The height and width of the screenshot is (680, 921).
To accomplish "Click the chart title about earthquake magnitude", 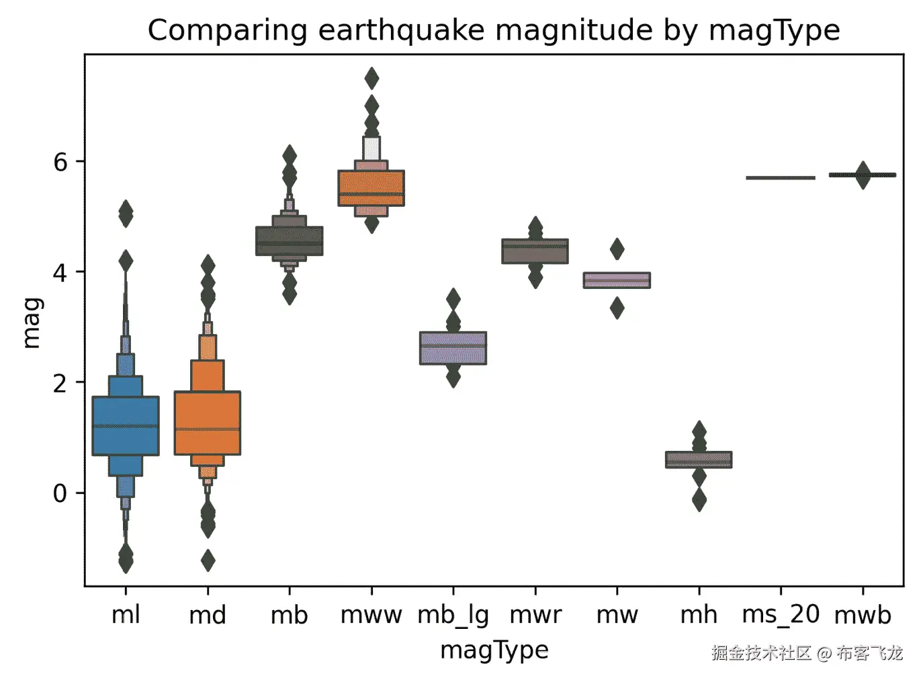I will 494,31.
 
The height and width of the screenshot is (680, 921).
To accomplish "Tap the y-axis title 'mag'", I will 32,323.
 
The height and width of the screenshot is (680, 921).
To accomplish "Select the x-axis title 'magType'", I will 494,650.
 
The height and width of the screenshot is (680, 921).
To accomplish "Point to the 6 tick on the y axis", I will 61,162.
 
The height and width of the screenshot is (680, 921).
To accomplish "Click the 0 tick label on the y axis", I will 61,493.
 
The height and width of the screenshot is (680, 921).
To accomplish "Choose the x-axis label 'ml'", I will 126,615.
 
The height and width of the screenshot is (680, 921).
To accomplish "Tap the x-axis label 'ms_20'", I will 781,615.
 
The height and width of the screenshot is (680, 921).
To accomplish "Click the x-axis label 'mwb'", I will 863,615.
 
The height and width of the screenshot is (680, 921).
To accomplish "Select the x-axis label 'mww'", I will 371,615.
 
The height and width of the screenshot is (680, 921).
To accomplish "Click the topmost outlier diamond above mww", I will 371,79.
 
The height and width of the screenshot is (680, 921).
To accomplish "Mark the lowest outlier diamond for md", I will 208,560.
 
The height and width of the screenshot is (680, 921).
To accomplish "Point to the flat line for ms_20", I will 781,178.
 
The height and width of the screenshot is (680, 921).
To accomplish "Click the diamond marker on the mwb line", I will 863,175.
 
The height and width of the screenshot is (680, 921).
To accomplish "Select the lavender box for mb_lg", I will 453,348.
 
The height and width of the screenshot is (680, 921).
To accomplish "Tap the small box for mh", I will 699,460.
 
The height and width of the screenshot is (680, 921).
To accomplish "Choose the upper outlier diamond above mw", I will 617,249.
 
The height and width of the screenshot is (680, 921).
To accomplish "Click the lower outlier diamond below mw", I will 617,308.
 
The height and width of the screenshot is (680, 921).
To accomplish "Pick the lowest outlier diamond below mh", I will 699,500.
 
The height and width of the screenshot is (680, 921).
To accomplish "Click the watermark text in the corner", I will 807,652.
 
